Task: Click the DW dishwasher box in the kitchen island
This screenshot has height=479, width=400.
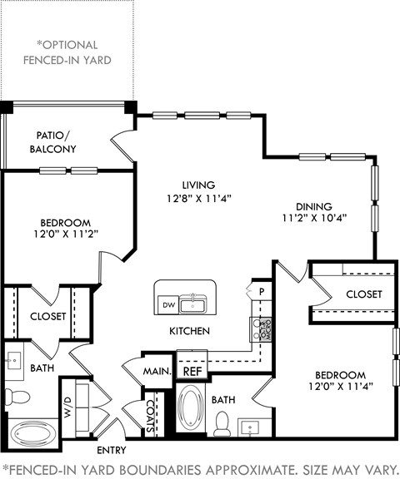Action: pos(167,305)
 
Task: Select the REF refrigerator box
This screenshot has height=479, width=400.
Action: pos(192,371)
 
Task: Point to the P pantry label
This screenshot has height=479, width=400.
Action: pos(261,293)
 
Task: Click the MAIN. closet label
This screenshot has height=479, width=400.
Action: pos(157,371)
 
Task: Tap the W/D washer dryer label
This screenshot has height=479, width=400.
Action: pos(68,407)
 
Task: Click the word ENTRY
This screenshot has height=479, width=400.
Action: pos(111,450)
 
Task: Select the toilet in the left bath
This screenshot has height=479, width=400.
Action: pos(14,396)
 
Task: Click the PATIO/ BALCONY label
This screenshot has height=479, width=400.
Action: pos(56,142)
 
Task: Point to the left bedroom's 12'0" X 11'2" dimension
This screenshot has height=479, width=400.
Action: pos(66,235)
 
